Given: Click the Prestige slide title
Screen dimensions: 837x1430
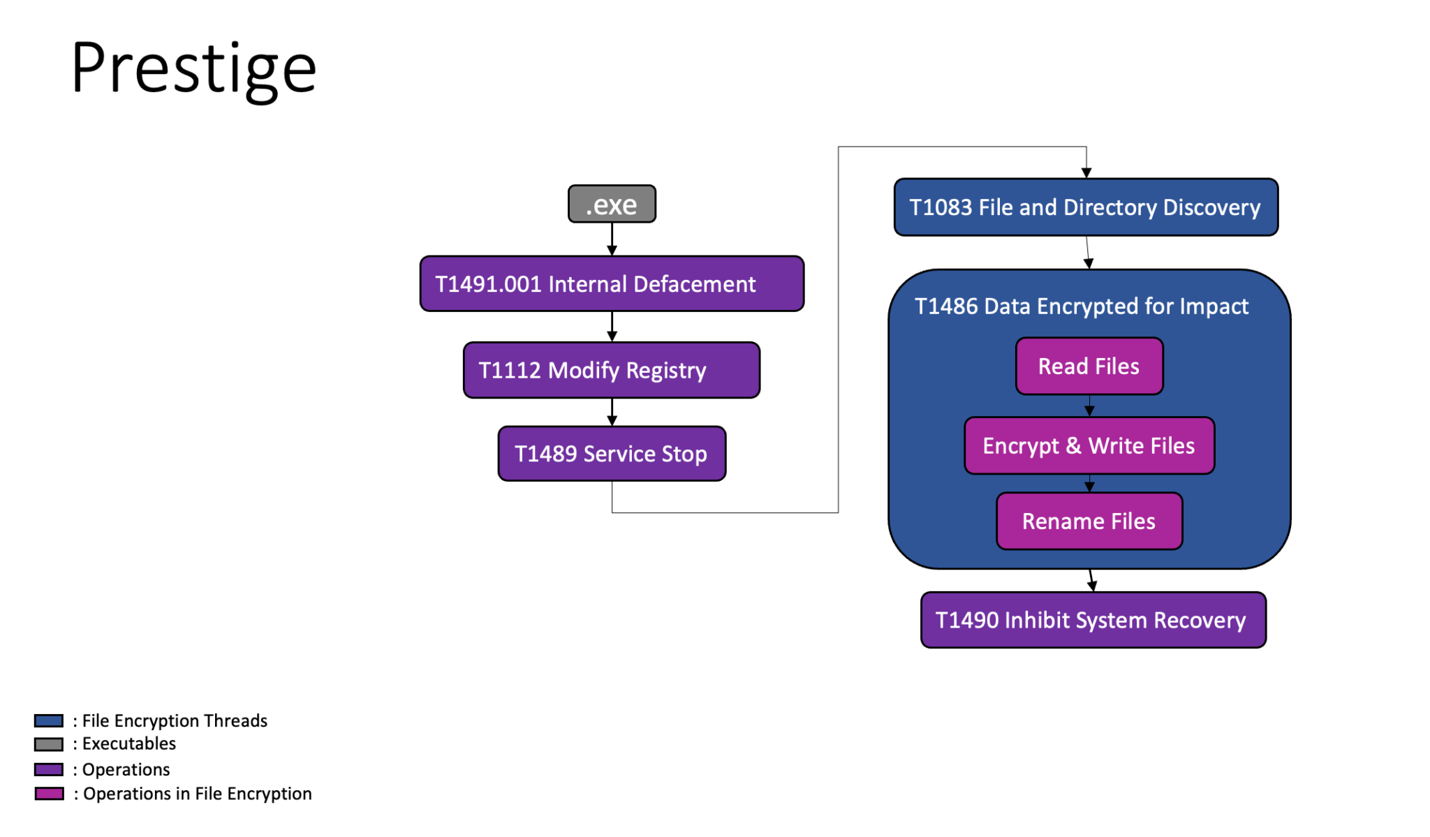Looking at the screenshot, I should point(193,68).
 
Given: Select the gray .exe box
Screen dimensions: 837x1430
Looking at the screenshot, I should point(612,204).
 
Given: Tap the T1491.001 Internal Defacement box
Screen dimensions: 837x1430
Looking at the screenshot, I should point(612,283).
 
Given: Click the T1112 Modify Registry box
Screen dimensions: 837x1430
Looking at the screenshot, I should point(612,370).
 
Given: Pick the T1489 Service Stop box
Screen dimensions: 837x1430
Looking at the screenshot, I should point(612,454).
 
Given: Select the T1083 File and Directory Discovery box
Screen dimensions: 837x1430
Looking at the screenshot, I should point(1086,207).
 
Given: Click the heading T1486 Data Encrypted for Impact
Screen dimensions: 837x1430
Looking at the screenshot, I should point(1081,306).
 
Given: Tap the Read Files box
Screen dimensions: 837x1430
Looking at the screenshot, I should point(1089,366).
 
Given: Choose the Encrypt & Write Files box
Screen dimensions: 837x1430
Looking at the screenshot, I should point(1089,445).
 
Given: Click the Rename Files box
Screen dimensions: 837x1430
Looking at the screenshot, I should point(1089,521).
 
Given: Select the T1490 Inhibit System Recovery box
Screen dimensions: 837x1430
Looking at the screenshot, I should point(1093,620).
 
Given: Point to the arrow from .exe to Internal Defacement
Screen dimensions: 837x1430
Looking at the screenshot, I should point(612,239).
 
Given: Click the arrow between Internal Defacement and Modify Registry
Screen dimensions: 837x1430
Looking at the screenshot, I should point(612,327).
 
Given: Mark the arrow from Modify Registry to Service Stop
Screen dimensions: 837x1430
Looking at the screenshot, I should point(612,412).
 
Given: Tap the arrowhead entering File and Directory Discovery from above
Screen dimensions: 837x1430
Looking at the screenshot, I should point(1086,172).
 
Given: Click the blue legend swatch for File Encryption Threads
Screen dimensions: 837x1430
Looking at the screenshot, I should point(49,720).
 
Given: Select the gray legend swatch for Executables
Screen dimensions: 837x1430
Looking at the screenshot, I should point(49,744).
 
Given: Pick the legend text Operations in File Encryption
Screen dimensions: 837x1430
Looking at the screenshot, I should point(197,794).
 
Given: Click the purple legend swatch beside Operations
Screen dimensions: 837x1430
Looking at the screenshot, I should point(49,769).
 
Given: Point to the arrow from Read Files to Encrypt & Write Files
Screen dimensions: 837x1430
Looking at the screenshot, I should point(1089,406).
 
